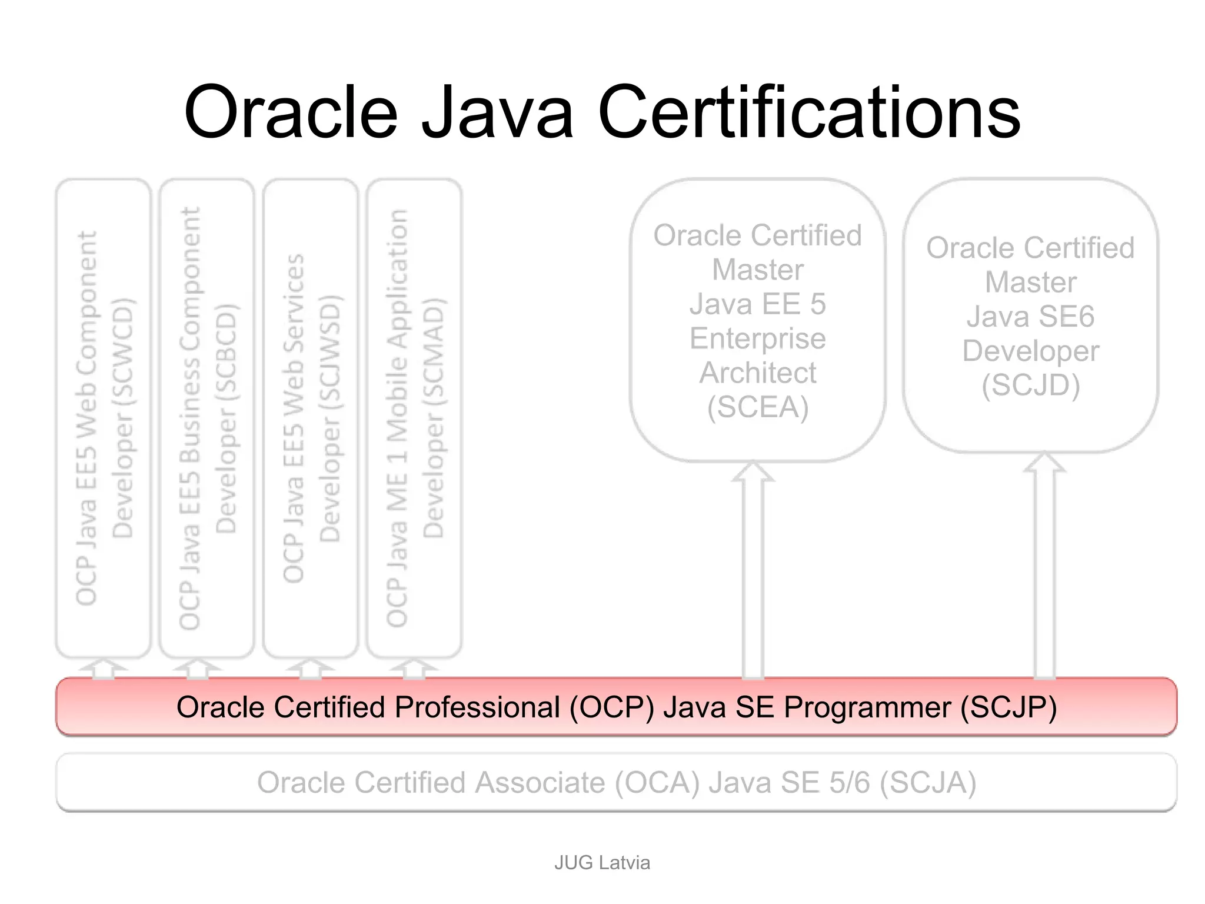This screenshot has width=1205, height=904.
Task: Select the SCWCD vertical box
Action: (104, 418)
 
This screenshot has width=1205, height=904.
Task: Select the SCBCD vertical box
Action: (207, 418)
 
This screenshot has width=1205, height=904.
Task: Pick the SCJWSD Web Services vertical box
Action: (311, 418)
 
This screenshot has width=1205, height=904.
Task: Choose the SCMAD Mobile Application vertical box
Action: (414, 418)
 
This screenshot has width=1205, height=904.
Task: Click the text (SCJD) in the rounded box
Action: (1030, 385)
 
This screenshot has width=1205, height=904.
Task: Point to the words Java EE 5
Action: (758, 304)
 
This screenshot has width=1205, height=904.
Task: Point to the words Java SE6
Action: (1030, 317)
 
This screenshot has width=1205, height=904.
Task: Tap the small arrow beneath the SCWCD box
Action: (104, 669)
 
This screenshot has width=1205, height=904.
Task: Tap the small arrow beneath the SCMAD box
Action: (414, 669)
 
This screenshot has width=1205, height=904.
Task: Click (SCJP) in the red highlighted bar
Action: (1008, 707)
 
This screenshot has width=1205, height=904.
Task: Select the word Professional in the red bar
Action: (477, 707)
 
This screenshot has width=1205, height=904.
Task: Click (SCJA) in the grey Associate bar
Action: (928, 783)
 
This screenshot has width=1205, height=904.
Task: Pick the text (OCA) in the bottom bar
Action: (657, 783)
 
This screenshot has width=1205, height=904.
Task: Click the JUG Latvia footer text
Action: (602, 862)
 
